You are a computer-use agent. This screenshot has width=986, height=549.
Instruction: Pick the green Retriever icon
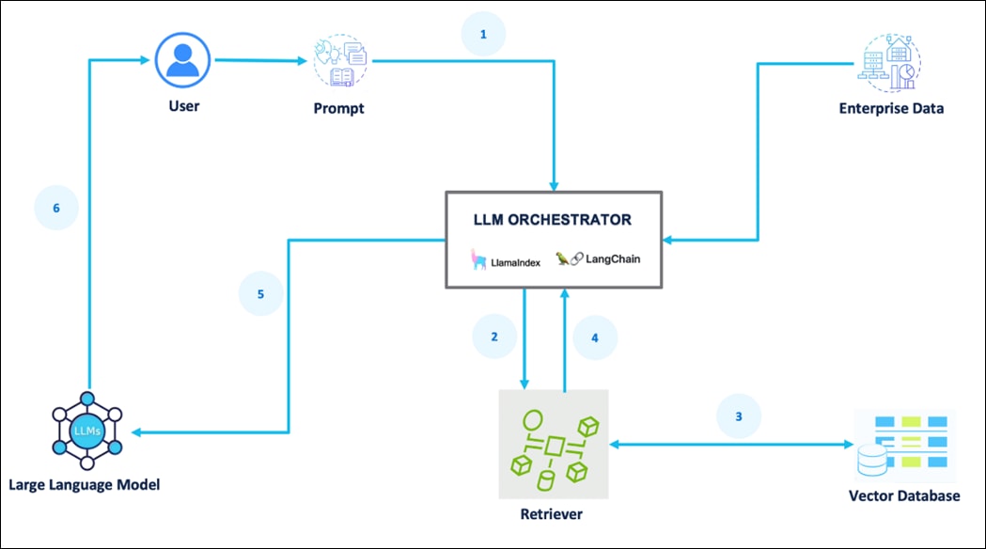pos(554,444)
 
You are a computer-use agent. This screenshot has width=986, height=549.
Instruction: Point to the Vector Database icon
pos(903,446)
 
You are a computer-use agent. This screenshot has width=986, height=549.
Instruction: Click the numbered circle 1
pos(483,35)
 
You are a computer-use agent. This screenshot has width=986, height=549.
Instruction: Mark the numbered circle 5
pos(260,294)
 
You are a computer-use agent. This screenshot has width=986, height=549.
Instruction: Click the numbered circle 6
pos(56,208)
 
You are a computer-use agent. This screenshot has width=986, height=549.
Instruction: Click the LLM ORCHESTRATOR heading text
pos(552,221)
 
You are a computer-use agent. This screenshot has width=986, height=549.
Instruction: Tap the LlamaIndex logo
pos(501,259)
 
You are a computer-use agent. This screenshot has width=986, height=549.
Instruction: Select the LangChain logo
pos(598,259)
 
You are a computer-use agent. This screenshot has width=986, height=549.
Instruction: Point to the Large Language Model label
pos(85,485)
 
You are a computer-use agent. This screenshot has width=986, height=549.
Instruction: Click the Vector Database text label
pos(904,495)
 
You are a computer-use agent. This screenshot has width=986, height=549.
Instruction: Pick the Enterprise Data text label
pos(891,108)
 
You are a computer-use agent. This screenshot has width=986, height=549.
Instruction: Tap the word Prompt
pos(338,108)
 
